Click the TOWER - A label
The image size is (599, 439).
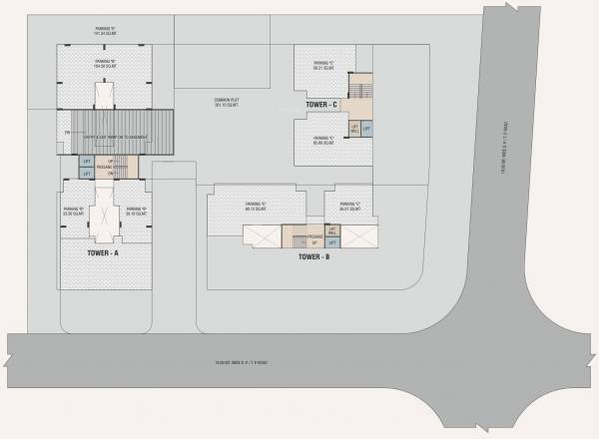pyautogui.click(x=103, y=253)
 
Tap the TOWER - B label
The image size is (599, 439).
pyautogui.click(x=313, y=257)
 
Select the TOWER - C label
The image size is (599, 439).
pyautogui.click(x=320, y=105)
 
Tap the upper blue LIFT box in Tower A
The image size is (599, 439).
pyautogui.click(x=86, y=162)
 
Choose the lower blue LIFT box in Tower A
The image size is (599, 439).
pyautogui.click(x=86, y=174)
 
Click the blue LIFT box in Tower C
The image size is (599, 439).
pyautogui.click(x=366, y=129)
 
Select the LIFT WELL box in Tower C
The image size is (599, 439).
pyautogui.click(x=354, y=129)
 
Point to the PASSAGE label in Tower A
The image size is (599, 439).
pyautogui.click(x=104, y=168)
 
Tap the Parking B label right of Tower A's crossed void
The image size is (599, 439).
pyautogui.click(x=137, y=211)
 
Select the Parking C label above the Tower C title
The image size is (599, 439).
pyautogui.click(x=321, y=66)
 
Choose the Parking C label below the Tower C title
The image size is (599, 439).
pyautogui.click(x=321, y=141)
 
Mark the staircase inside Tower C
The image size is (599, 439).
pyautogui.click(x=362, y=89)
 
